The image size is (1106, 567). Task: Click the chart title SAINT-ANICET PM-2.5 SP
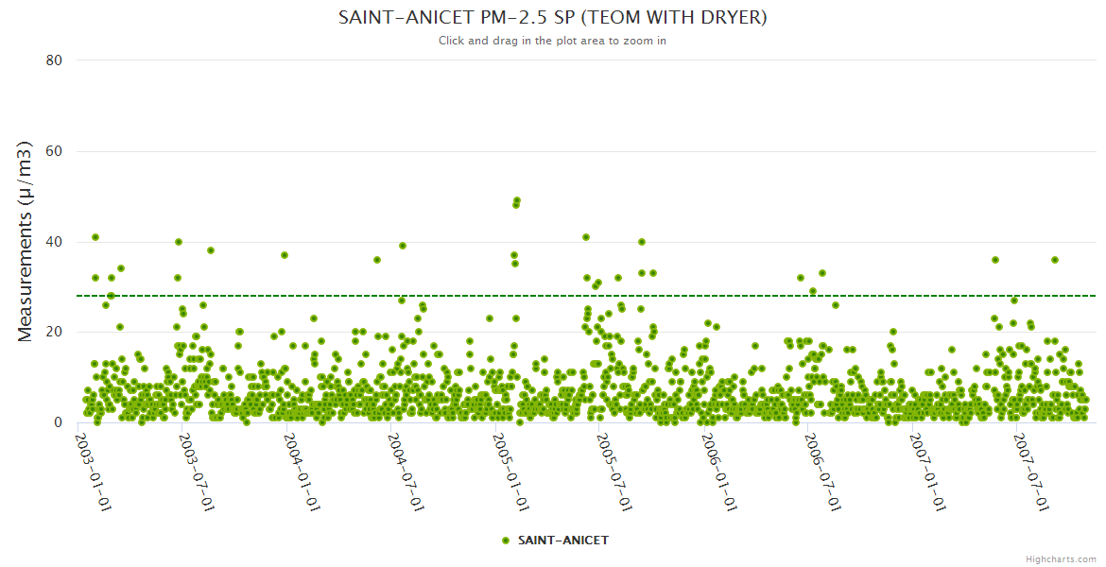tap(552, 18)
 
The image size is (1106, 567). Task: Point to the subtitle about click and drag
tap(552, 41)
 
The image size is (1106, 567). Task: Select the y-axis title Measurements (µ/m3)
tap(26, 241)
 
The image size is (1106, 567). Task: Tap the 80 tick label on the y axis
tap(54, 60)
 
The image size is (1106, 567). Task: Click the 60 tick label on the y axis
tap(54, 151)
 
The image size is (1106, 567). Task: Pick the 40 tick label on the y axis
tap(54, 242)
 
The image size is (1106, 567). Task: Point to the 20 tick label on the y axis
tap(54, 333)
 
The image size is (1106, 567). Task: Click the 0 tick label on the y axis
tap(58, 423)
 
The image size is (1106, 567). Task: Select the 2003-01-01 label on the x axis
tap(94, 472)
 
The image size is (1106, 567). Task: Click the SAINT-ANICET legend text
tap(563, 541)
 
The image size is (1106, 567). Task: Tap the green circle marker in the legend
tap(506, 541)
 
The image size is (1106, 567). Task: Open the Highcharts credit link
tap(1061, 558)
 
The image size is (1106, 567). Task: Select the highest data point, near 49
tap(517, 200)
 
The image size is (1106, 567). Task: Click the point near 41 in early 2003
tap(95, 237)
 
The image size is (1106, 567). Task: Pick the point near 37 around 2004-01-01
tap(285, 255)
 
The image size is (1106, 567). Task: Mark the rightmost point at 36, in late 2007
tap(1055, 260)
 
